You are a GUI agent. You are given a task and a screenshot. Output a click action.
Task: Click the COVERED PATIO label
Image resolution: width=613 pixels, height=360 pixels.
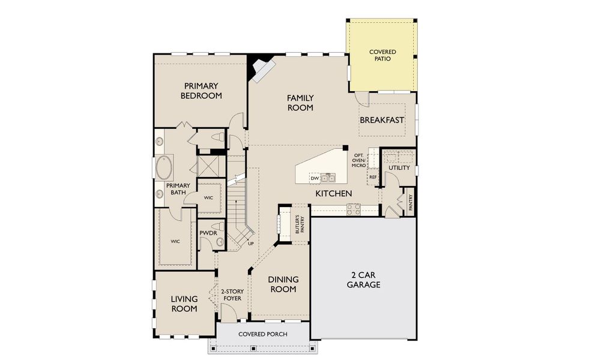coord(382,56)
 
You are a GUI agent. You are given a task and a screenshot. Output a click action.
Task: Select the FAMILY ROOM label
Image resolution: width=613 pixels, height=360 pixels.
coord(300,103)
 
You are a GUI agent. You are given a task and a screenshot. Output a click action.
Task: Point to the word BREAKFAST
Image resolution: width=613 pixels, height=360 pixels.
coord(382,120)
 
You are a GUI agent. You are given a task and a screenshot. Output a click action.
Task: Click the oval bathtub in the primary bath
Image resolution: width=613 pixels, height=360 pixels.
coord(163,168)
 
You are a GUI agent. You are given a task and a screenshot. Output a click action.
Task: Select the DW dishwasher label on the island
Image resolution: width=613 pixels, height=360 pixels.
coord(314,178)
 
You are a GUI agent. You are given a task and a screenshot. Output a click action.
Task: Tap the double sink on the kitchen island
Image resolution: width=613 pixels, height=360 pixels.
coord(328,178)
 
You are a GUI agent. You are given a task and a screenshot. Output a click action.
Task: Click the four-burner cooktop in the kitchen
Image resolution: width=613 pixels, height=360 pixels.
coord(353,209)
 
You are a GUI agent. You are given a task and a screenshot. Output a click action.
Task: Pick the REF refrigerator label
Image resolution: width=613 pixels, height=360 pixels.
coord(372,178)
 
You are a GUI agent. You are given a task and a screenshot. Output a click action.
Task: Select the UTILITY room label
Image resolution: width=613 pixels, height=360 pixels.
coord(399,168)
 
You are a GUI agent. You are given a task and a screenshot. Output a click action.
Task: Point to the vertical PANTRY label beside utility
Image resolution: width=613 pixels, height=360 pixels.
coord(411,201)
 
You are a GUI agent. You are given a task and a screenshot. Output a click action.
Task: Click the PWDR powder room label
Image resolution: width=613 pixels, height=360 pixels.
coord(207,232)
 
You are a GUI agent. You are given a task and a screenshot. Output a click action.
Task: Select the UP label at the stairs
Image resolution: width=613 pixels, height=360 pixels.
coord(250,244)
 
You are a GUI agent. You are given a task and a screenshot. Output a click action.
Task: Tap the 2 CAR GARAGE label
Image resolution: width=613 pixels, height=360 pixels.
coord(363,280)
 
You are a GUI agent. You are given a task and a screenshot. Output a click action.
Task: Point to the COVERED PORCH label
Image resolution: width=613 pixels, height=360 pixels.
coord(262,334)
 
